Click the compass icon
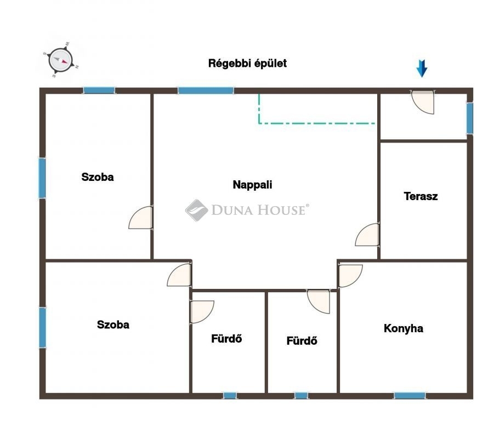[61, 60]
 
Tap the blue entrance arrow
[422, 69]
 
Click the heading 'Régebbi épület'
[247, 63]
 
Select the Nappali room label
[252, 185]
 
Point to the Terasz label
[421, 196]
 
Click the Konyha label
[404, 328]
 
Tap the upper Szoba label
[98, 177]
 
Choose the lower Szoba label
[113, 325]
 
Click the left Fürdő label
[226, 339]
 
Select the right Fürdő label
[302, 341]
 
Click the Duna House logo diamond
[197, 210]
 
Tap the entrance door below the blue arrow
[423, 102]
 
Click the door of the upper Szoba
[140, 218]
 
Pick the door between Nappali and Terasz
[367, 235]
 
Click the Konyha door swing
[350, 276]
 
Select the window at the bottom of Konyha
[410, 395]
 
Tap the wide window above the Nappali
[206, 90]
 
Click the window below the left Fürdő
[230, 395]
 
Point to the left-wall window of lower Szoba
[43, 327]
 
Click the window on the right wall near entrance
[470, 118]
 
